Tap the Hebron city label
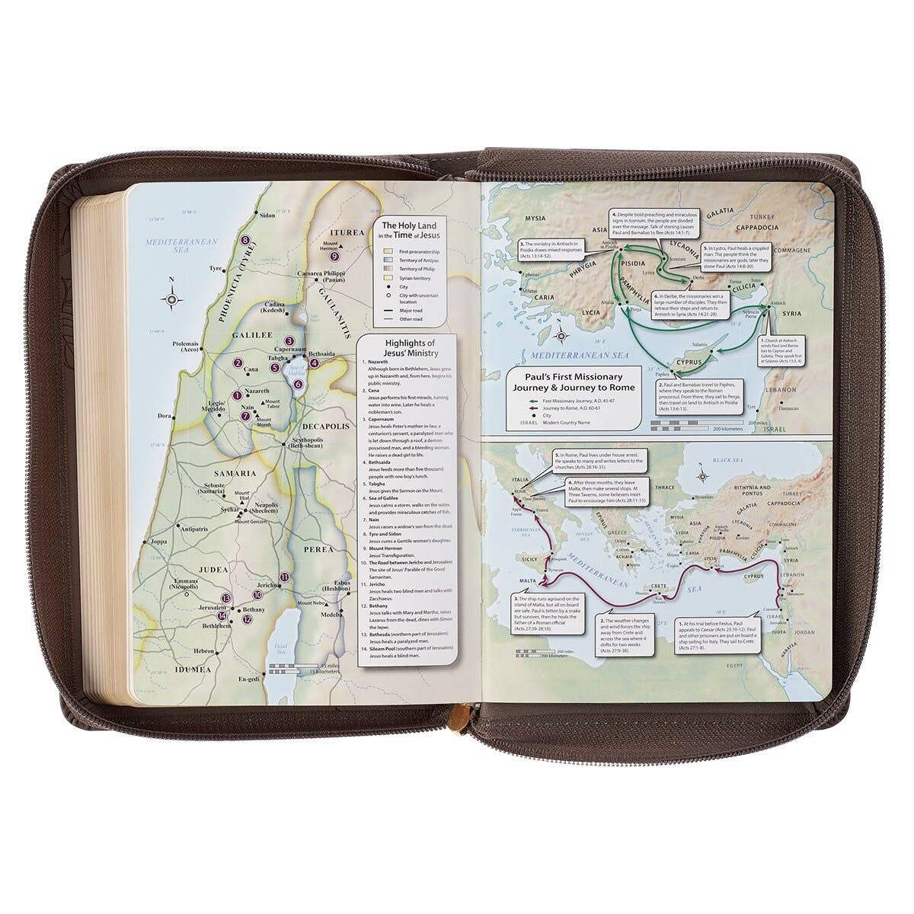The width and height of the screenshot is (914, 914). pyautogui.click(x=203, y=651)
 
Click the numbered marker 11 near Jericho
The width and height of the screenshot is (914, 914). pyautogui.click(x=283, y=577)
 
